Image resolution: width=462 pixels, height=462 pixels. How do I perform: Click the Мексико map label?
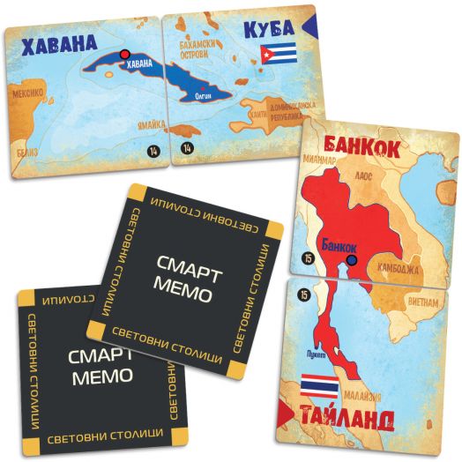(x=28, y=90)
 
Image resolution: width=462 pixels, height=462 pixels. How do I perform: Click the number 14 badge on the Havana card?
(x=154, y=152)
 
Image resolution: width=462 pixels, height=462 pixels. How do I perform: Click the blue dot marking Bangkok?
(x=353, y=260)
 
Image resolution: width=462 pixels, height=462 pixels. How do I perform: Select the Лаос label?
(x=369, y=176)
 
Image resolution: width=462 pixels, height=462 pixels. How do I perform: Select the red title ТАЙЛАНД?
(x=361, y=419)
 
